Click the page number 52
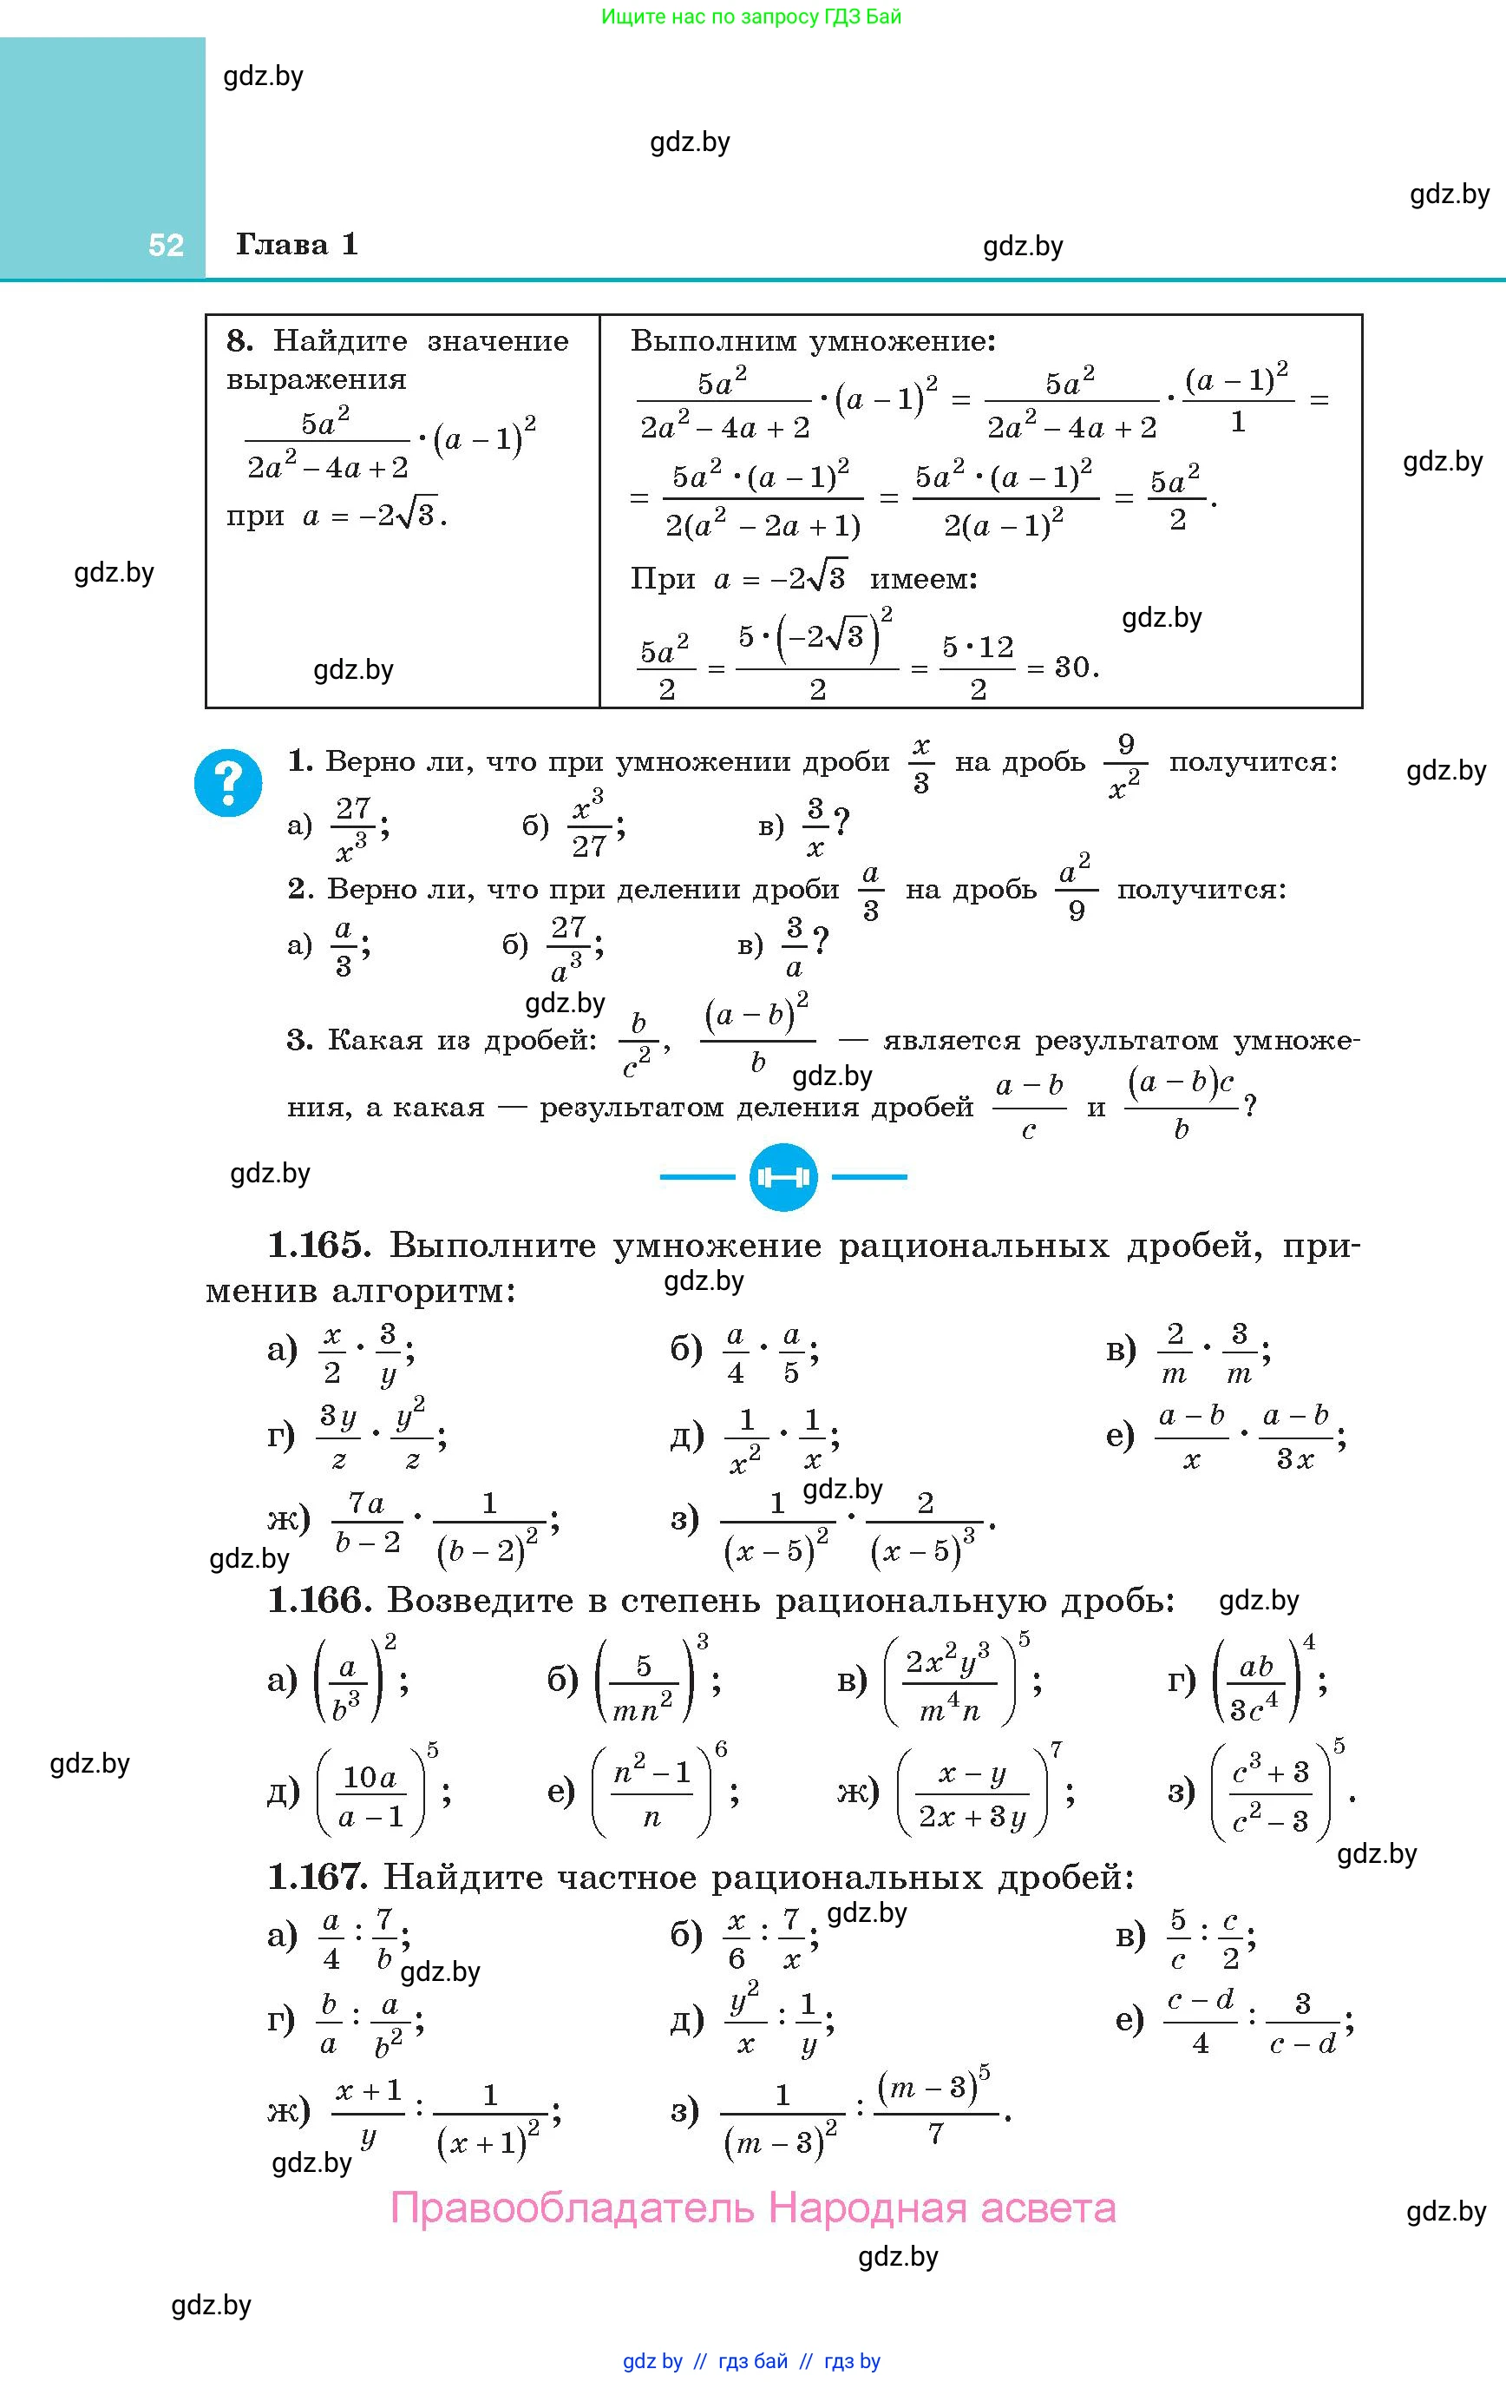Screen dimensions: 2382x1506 click(165, 246)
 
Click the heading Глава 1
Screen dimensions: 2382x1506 click(297, 244)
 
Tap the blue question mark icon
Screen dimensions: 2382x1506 click(228, 782)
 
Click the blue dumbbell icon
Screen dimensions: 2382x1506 click(782, 1177)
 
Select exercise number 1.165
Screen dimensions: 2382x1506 click(318, 1246)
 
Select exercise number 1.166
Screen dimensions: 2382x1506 click(318, 1600)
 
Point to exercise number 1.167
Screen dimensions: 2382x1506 click(318, 1877)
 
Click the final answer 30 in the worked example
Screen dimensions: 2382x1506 click(1074, 668)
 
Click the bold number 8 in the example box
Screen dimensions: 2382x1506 click(239, 341)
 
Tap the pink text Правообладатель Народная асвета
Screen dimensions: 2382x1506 click(752, 2208)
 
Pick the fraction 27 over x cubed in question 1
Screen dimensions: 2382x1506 click(352, 828)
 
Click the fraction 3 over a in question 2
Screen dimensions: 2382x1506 click(794, 947)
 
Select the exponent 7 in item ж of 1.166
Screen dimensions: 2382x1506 click(1056, 1751)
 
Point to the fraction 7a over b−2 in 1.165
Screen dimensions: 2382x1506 click(368, 1523)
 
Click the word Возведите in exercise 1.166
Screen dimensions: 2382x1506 click(480, 1600)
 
